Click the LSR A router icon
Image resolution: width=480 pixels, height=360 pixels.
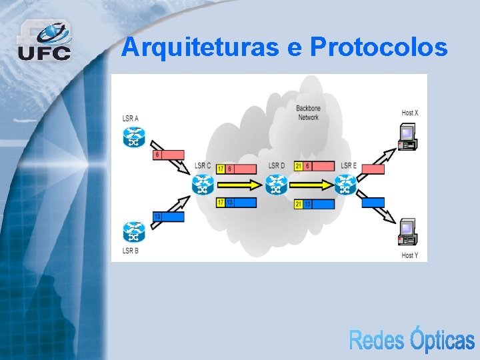134,137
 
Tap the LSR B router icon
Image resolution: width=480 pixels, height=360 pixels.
134,232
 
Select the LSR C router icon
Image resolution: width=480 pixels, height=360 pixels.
203,184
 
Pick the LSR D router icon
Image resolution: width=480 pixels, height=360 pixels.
276,184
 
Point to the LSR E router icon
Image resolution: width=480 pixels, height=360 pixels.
346,184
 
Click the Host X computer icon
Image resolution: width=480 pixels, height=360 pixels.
407,136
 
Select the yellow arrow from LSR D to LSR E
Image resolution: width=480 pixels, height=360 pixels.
311,184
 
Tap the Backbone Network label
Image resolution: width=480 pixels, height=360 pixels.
307,113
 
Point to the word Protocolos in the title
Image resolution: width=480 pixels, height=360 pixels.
379,47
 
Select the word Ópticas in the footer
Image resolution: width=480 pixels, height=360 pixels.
442,340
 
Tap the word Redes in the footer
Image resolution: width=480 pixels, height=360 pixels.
377,340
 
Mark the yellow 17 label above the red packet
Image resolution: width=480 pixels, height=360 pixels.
221,169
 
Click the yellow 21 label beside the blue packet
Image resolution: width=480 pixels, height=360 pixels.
299,204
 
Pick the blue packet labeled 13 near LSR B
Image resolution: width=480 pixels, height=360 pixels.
169,217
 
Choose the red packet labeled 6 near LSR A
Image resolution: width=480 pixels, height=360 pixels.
169,155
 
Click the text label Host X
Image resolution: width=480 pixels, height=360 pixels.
410,113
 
